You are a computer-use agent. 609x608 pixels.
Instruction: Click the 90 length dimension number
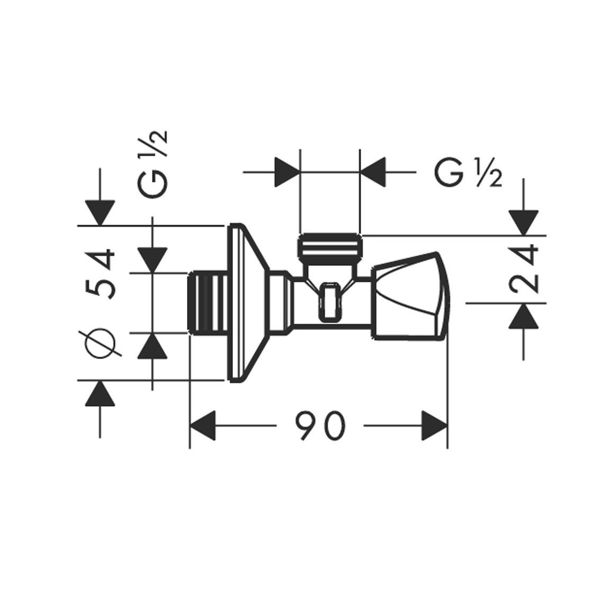coord(320,426)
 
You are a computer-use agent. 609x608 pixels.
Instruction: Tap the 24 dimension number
coord(524,269)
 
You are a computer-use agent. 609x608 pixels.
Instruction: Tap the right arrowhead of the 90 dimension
coord(435,426)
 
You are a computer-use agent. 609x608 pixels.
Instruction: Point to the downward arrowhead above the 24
coord(524,223)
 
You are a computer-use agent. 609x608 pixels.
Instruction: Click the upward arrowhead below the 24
coord(524,316)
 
